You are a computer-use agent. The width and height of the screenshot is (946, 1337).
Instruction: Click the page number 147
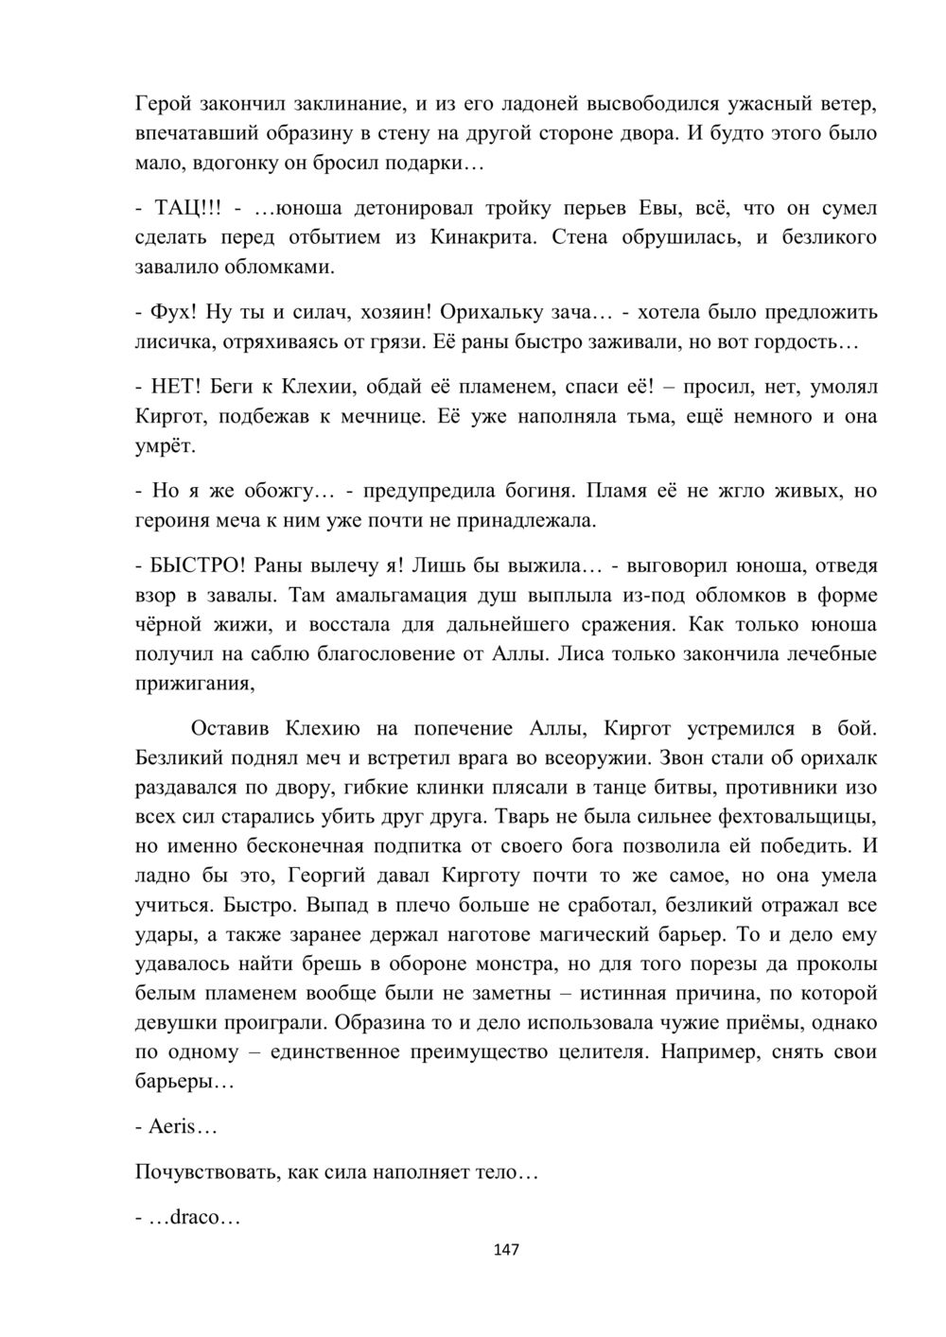pyautogui.click(x=506, y=1250)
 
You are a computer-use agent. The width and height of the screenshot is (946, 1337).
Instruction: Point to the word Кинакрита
pyautogui.click(x=483, y=236)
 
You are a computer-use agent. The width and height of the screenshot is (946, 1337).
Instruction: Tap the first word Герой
pyautogui.click(x=164, y=102)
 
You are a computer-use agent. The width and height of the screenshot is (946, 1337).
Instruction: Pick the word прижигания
pyautogui.click(x=195, y=684)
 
